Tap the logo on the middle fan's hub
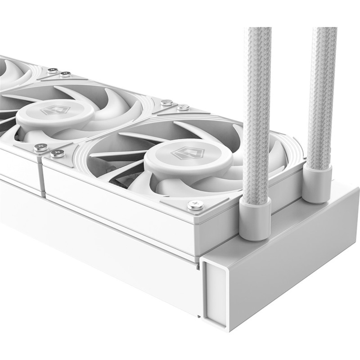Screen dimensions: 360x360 tap(55, 110)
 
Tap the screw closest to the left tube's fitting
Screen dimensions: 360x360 tap(196, 205)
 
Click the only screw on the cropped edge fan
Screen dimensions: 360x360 tap(53, 70)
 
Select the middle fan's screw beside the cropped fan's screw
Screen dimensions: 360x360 tap(66, 74)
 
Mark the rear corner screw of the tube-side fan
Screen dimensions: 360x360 tap(183, 107)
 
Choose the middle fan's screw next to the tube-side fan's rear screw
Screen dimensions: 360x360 tap(167, 103)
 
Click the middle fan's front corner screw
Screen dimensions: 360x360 tap(40, 147)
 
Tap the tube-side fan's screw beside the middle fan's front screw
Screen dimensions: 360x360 tap(57, 153)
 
